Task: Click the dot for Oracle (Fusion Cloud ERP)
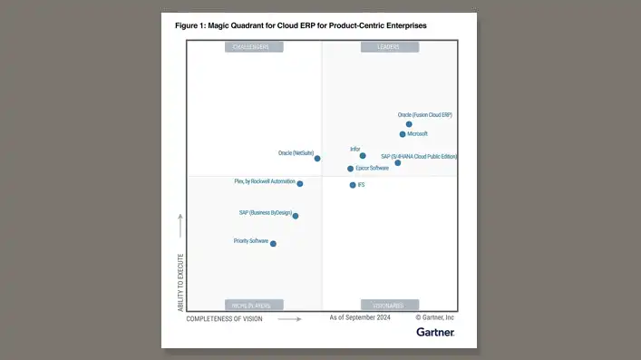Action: [x=409, y=124]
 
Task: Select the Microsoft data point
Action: [x=403, y=134]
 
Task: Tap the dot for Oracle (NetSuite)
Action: [x=317, y=159]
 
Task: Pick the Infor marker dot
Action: [x=363, y=156]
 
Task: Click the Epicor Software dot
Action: [x=350, y=169]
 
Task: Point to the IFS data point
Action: [x=353, y=185]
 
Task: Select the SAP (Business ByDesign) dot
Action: [x=296, y=216]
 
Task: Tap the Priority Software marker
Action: [x=273, y=243]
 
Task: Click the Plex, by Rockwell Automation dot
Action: [x=300, y=184]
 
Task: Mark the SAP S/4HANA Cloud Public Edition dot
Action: [x=398, y=163]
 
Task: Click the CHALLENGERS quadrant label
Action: [x=254, y=47]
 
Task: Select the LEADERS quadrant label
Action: [x=388, y=47]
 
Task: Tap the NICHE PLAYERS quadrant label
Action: [x=254, y=306]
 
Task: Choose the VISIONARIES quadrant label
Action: [x=388, y=306]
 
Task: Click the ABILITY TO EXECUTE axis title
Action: [x=180, y=282]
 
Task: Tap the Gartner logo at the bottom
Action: [x=435, y=333]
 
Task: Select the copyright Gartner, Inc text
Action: [x=435, y=318]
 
